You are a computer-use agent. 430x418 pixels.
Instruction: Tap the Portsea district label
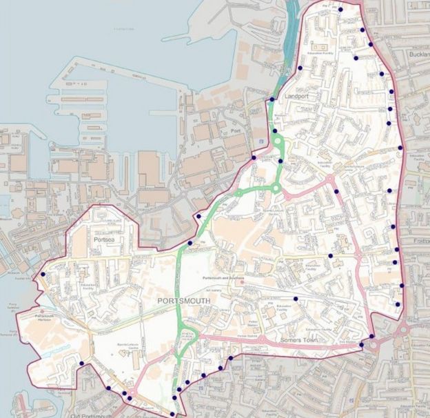pyautogui.click(x=105, y=239)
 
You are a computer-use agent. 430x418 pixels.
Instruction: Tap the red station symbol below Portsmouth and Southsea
pyautogui.click(x=242, y=282)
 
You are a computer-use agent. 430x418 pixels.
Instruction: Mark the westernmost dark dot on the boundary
pyautogui.click(x=43, y=275)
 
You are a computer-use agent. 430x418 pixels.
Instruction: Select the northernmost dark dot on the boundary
pyautogui.click(x=340, y=10)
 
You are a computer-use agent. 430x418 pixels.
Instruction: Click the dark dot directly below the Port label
pyautogui.click(x=254, y=159)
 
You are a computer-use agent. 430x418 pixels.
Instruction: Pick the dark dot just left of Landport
pyautogui.click(x=272, y=100)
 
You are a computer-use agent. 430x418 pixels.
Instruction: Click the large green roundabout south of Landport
pyautogui.click(x=278, y=143)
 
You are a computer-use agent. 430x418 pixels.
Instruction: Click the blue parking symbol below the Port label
pyautogui.click(x=260, y=141)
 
